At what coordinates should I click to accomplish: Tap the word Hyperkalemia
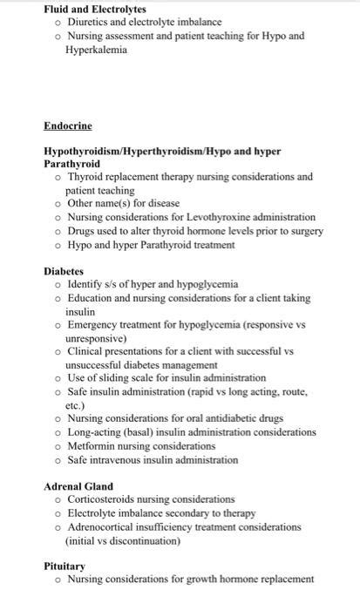tap(96, 50)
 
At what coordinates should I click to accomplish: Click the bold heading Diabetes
tap(64, 271)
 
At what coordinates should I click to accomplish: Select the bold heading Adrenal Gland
tap(78, 486)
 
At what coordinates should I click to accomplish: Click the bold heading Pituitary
tap(65, 566)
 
